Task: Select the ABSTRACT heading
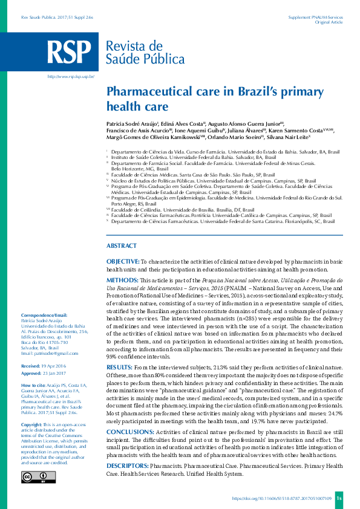click(121, 246)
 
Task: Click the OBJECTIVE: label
click(123, 261)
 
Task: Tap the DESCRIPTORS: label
click(127, 466)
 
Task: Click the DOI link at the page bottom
click(282, 499)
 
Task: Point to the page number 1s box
click(339, 499)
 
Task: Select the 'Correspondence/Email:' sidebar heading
click(44, 316)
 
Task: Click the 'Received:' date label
click(30, 366)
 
